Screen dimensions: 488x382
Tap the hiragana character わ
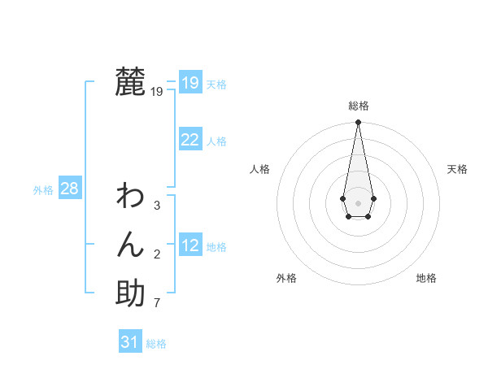(x=130, y=196)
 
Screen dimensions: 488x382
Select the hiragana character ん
(x=130, y=245)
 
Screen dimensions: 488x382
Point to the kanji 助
(x=130, y=293)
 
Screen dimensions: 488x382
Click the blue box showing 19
(x=190, y=83)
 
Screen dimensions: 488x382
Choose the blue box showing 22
(x=190, y=140)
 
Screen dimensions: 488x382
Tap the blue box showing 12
(x=190, y=245)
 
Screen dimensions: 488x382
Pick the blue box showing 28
(x=70, y=189)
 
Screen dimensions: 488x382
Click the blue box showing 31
(x=130, y=342)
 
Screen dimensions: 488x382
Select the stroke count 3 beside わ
(x=157, y=206)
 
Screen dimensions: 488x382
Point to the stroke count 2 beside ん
(x=157, y=254)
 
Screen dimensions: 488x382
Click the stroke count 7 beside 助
(x=157, y=304)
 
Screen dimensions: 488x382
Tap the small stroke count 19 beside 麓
(x=157, y=92)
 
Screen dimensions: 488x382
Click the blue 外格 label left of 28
(x=43, y=190)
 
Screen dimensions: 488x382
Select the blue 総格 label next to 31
(x=156, y=344)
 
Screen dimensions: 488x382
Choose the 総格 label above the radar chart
(x=358, y=106)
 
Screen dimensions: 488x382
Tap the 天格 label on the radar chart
(x=457, y=169)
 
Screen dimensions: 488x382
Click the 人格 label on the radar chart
(x=259, y=169)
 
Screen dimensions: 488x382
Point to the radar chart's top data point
(x=358, y=123)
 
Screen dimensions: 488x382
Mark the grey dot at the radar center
(x=358, y=202)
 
